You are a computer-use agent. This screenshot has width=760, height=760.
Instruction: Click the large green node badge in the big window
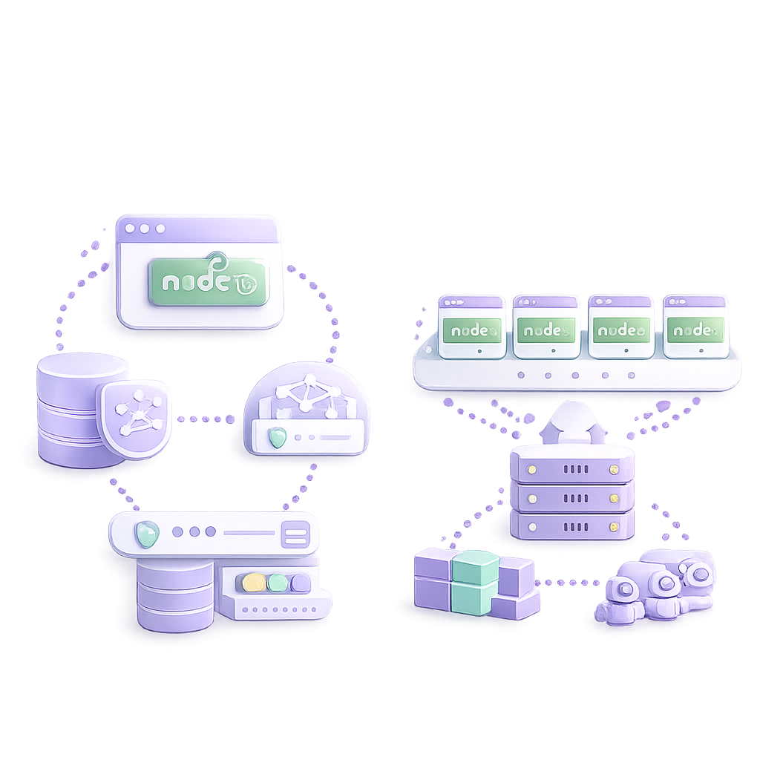click(208, 282)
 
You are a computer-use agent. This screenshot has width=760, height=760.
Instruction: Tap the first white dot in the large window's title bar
click(130, 229)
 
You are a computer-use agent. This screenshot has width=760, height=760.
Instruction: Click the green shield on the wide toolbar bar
click(146, 534)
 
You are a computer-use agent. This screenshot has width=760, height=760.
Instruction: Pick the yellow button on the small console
click(254, 583)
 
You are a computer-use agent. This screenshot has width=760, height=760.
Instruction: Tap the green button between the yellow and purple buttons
click(278, 583)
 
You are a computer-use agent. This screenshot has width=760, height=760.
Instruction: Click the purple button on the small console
click(300, 583)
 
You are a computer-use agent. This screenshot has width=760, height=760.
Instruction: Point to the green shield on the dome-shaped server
click(277, 438)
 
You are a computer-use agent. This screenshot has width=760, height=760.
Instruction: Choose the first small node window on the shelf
click(471, 327)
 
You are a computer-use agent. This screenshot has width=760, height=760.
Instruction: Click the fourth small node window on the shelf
click(695, 327)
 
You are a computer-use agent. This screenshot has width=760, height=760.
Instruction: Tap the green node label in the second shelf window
click(546, 330)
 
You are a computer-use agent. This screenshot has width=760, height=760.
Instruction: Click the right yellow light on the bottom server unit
click(613, 526)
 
